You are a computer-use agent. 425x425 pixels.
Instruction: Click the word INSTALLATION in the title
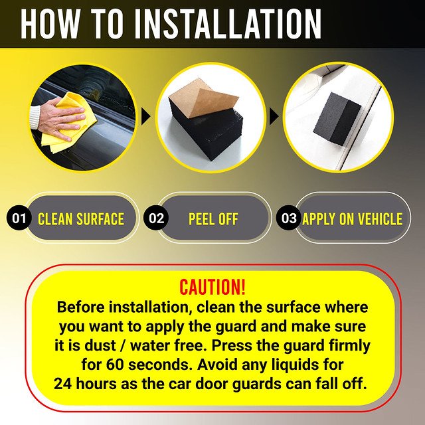click(x=232, y=24)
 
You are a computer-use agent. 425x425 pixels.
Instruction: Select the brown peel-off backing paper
click(x=204, y=98)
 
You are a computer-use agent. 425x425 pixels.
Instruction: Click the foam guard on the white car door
click(x=337, y=117)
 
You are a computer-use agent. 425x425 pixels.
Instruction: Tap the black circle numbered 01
click(x=19, y=218)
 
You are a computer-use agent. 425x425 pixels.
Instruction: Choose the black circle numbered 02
click(x=156, y=218)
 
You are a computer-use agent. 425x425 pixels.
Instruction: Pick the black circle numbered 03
click(x=288, y=218)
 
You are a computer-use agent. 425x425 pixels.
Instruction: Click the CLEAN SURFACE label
click(x=81, y=219)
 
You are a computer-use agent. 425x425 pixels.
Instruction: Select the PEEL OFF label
click(x=213, y=219)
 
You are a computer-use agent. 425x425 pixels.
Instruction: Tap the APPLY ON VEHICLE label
click(x=353, y=219)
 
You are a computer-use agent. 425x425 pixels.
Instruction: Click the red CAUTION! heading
click(x=212, y=287)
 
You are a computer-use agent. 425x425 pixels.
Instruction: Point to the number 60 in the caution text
click(x=115, y=365)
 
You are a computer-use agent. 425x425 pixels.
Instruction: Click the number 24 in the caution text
click(x=63, y=384)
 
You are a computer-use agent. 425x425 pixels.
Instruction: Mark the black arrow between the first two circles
click(x=146, y=116)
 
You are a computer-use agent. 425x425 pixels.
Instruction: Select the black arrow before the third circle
click(x=274, y=116)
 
